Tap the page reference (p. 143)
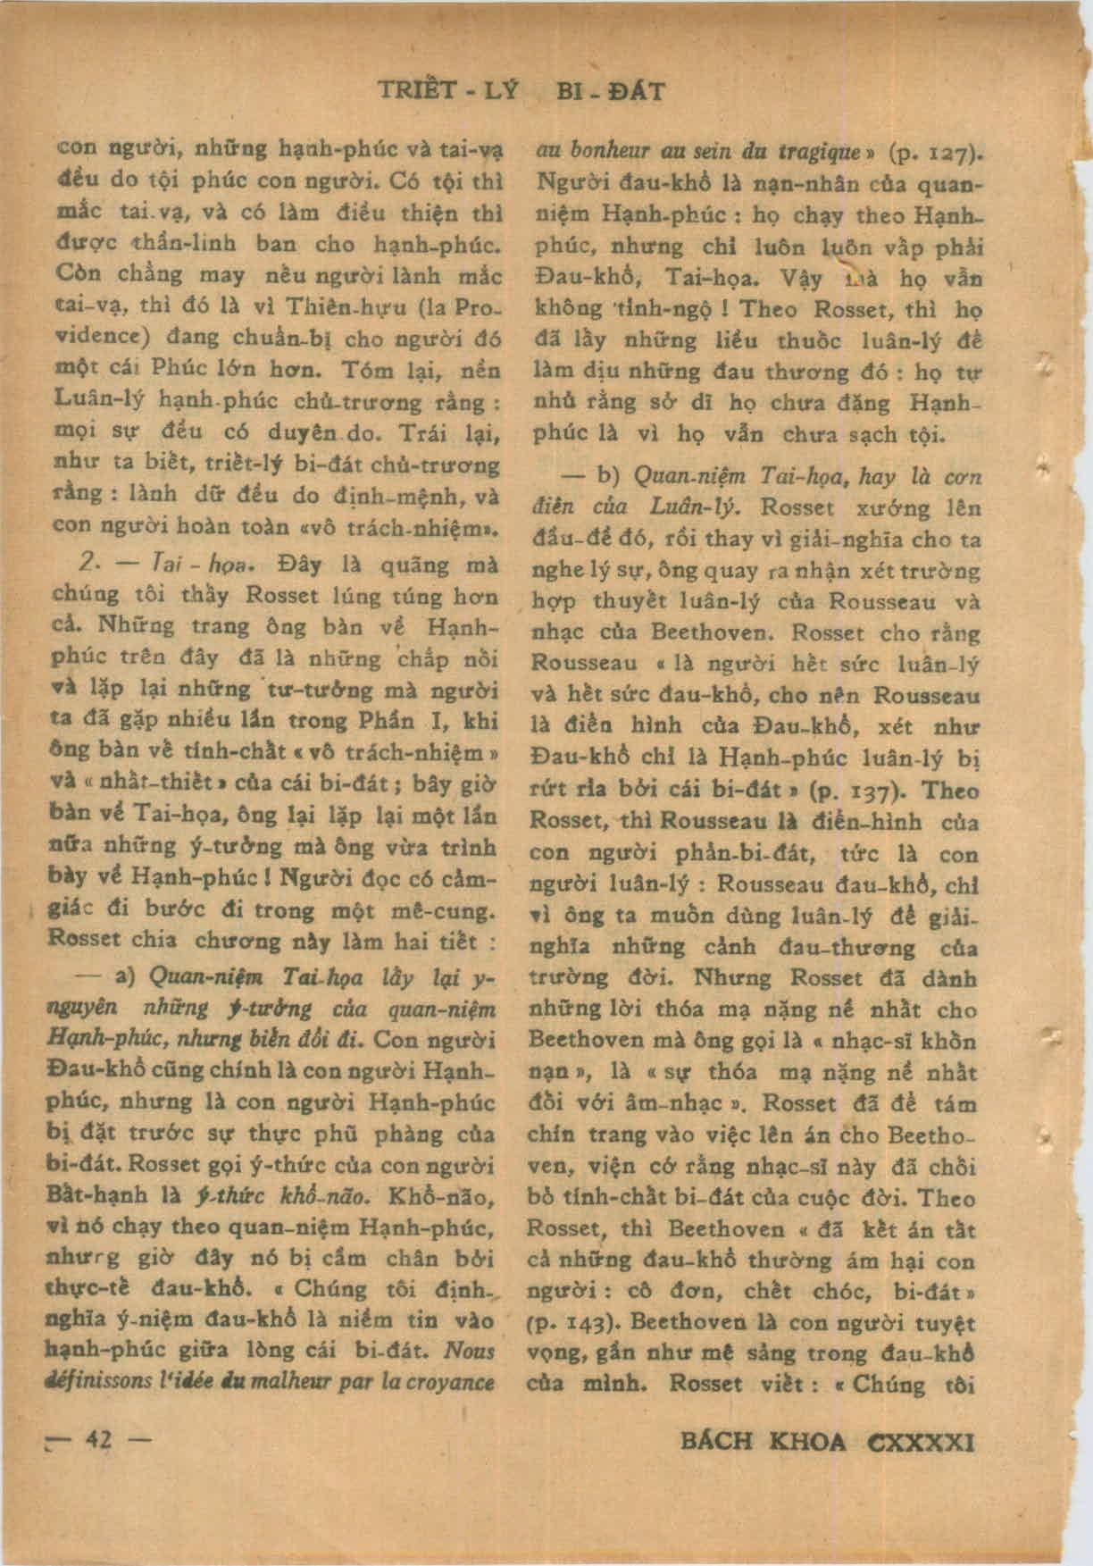point(567,1321)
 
